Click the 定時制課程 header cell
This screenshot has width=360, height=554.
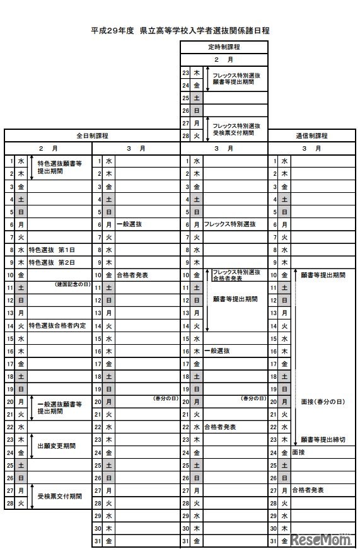point(224,47)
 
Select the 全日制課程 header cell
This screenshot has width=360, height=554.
point(92,136)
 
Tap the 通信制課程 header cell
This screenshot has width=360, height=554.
point(311,136)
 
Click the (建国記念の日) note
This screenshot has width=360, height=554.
point(73,285)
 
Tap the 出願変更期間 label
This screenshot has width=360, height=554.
point(57,446)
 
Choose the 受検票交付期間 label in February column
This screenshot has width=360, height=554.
point(59,496)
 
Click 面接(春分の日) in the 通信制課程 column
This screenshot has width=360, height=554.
point(318,401)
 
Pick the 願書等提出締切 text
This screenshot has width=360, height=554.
point(323,439)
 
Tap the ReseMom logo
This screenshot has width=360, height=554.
point(322,541)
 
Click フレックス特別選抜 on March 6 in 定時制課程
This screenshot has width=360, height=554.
point(229,224)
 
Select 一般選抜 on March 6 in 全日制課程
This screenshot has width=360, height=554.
point(129,224)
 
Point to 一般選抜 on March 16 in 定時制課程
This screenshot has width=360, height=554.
point(217,351)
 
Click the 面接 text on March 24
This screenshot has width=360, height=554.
point(299,452)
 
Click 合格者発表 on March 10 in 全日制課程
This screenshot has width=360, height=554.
point(132,275)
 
